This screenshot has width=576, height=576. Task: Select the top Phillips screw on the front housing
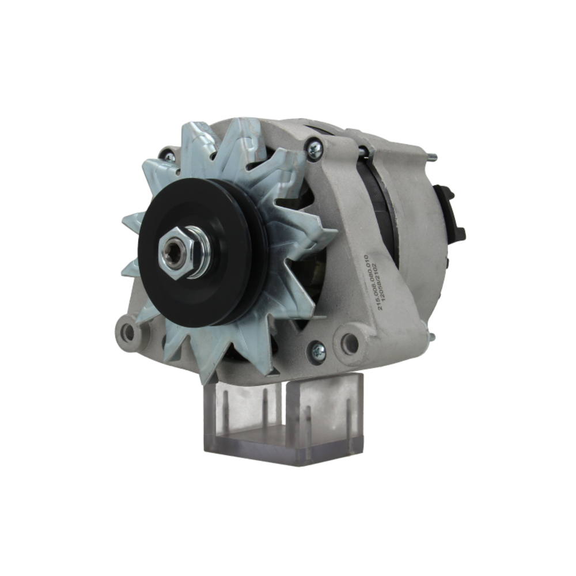pyautogui.click(x=314, y=149)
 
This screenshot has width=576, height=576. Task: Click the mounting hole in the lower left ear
pyautogui.click(x=128, y=332)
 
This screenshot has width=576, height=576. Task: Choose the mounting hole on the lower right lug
pyautogui.click(x=349, y=343)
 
